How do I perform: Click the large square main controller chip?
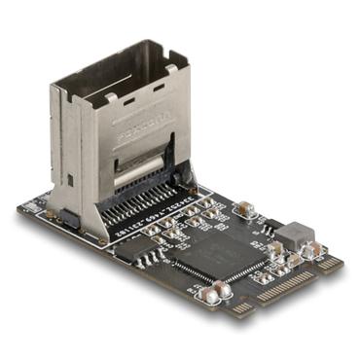point(223,252)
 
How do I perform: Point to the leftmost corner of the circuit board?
point(18,208)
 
